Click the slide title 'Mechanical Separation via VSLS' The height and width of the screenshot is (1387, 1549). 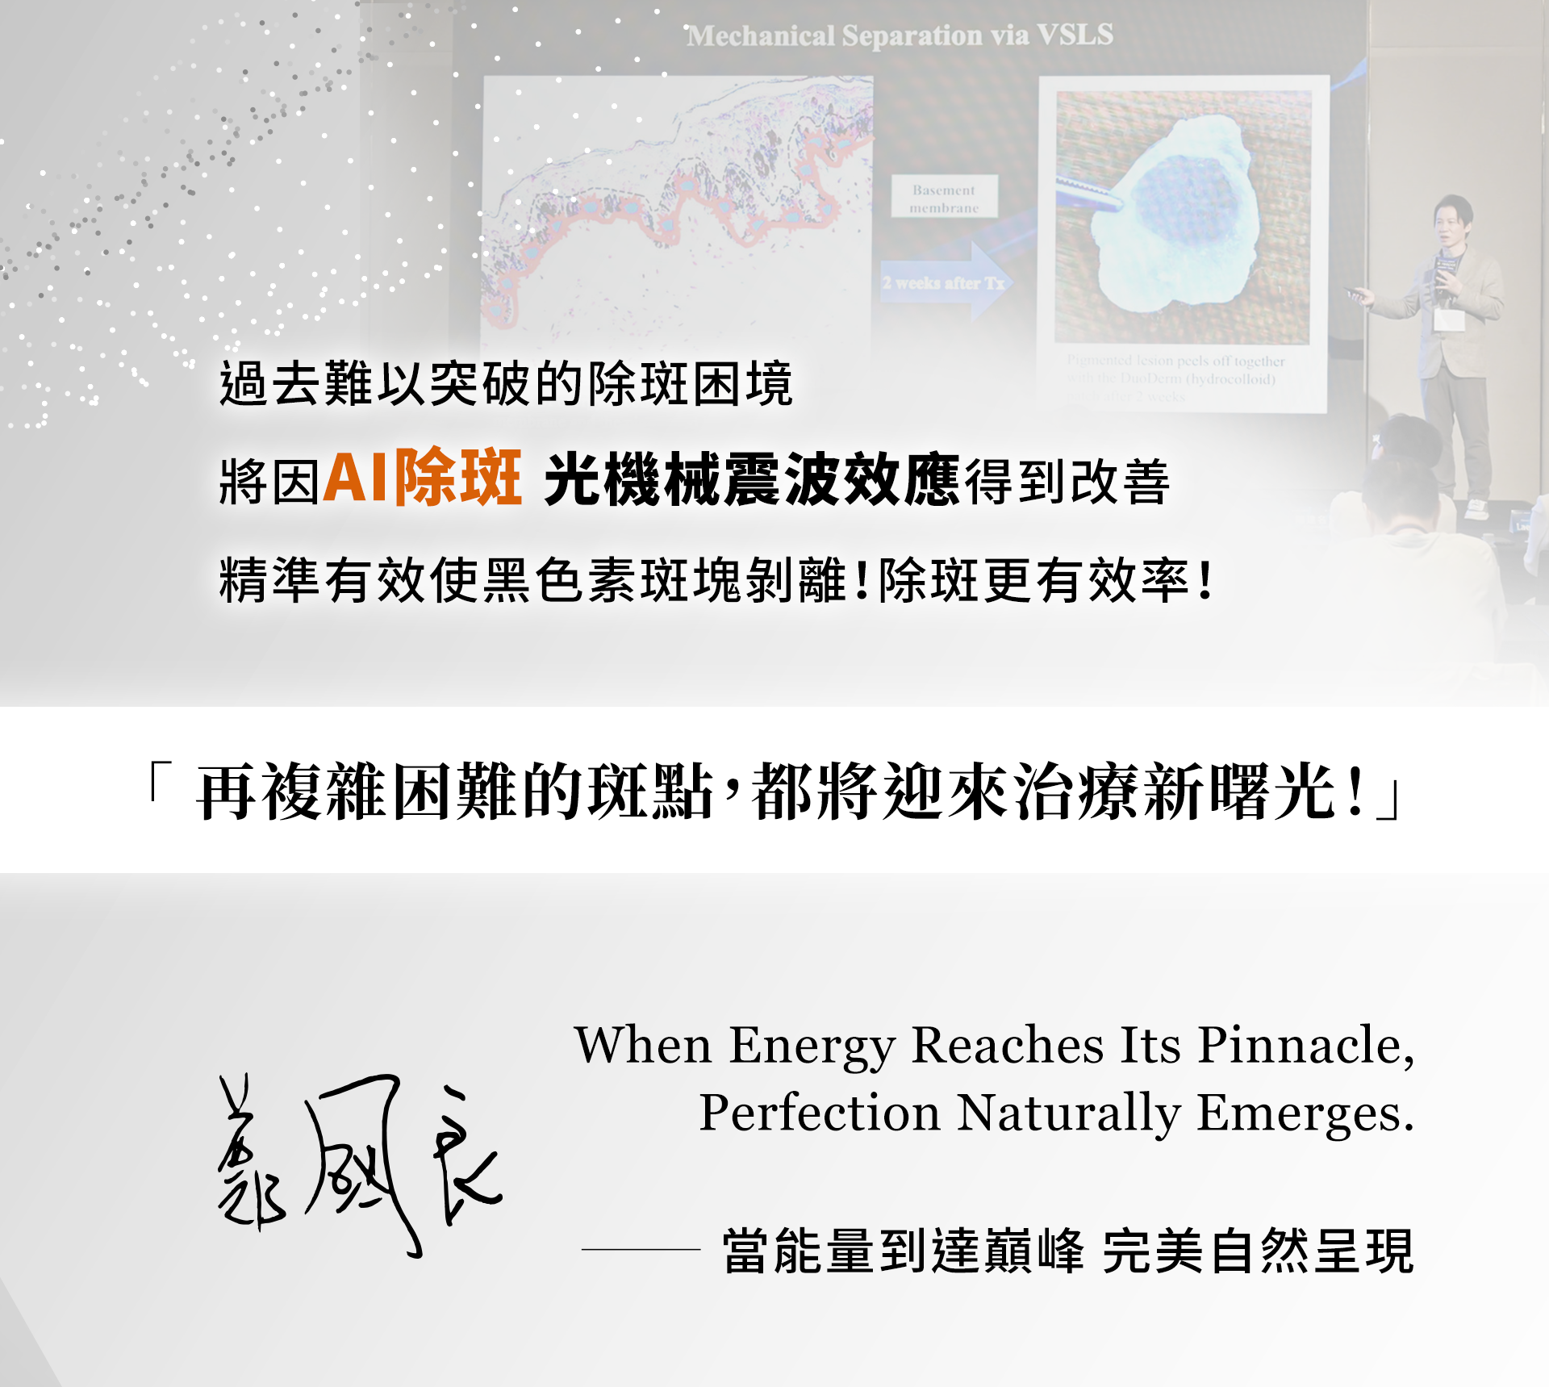(899, 36)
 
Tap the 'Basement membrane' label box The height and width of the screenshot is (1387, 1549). (944, 198)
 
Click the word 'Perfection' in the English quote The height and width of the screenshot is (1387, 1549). (820, 1113)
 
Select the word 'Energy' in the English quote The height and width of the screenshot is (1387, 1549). (812, 1047)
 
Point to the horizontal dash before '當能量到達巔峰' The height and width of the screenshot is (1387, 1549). (641, 1249)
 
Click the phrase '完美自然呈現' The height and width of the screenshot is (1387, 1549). (1258, 1251)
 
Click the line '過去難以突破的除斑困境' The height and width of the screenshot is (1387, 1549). (506, 383)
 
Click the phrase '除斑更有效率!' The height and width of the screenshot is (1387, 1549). (1046, 579)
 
